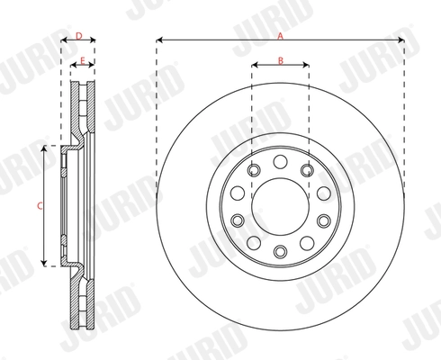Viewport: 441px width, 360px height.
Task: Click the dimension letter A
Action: [x=280, y=34]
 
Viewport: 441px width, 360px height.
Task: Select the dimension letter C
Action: [x=39, y=205]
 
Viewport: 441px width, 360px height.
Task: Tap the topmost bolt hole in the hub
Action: [x=280, y=160]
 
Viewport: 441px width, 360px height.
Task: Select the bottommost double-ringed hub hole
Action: [x=280, y=250]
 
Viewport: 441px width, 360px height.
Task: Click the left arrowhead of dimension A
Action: [x=159, y=40]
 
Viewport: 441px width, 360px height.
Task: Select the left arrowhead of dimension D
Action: [x=63, y=41]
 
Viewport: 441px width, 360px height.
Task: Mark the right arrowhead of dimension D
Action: [x=94, y=41]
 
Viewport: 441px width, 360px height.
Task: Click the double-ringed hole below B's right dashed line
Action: [x=307, y=169]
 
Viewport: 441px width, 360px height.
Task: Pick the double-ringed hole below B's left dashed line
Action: [x=254, y=169]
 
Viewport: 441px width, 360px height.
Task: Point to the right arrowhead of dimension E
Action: [x=94, y=67]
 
